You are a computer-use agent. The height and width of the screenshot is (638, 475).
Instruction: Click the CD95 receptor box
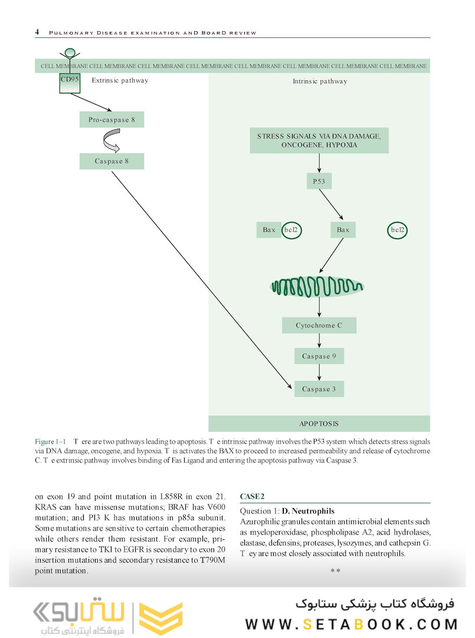point(70,83)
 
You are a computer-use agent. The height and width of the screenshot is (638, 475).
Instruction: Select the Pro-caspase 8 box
point(112,120)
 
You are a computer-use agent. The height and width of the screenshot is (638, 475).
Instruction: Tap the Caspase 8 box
point(112,161)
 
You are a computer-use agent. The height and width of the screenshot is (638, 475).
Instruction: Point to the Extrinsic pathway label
point(120,80)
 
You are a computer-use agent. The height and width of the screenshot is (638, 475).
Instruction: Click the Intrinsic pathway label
point(320,82)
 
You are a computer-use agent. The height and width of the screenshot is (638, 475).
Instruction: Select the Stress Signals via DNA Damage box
point(319,141)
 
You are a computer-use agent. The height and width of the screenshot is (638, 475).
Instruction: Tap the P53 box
point(319,181)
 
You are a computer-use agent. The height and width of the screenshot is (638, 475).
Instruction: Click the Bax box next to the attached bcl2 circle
point(268,230)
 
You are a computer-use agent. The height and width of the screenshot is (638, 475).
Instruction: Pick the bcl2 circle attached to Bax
point(291,230)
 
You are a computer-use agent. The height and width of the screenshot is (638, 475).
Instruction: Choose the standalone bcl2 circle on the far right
point(398,230)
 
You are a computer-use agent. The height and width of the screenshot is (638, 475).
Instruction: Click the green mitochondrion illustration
point(317,287)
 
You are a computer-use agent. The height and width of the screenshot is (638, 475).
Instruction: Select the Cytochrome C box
point(319,325)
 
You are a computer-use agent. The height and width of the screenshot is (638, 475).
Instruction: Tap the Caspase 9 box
point(319,356)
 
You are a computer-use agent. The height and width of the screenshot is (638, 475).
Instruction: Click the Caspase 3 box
point(319,389)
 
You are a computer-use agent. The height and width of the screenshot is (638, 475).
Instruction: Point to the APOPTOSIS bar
point(319,424)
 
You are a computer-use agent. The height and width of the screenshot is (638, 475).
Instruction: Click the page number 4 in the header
point(37,32)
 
